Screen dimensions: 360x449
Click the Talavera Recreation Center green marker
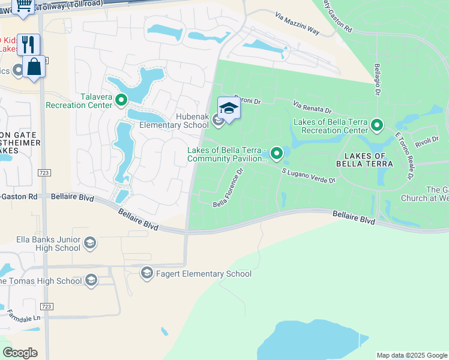click(122, 100)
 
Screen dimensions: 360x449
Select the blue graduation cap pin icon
click(229, 108)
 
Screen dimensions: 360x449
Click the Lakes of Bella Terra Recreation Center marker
click(377, 125)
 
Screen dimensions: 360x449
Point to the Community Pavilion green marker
click(277, 154)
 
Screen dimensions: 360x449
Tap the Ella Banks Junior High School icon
click(90, 243)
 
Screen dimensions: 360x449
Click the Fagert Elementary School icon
click(146, 274)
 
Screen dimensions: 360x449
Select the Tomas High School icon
click(91, 280)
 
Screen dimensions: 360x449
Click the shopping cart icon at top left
click(24, 5)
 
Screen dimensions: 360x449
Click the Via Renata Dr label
click(312, 107)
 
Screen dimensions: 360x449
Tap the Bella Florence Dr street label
click(229, 188)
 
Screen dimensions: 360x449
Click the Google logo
click(20, 353)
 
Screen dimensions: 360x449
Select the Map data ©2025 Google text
click(412, 355)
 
